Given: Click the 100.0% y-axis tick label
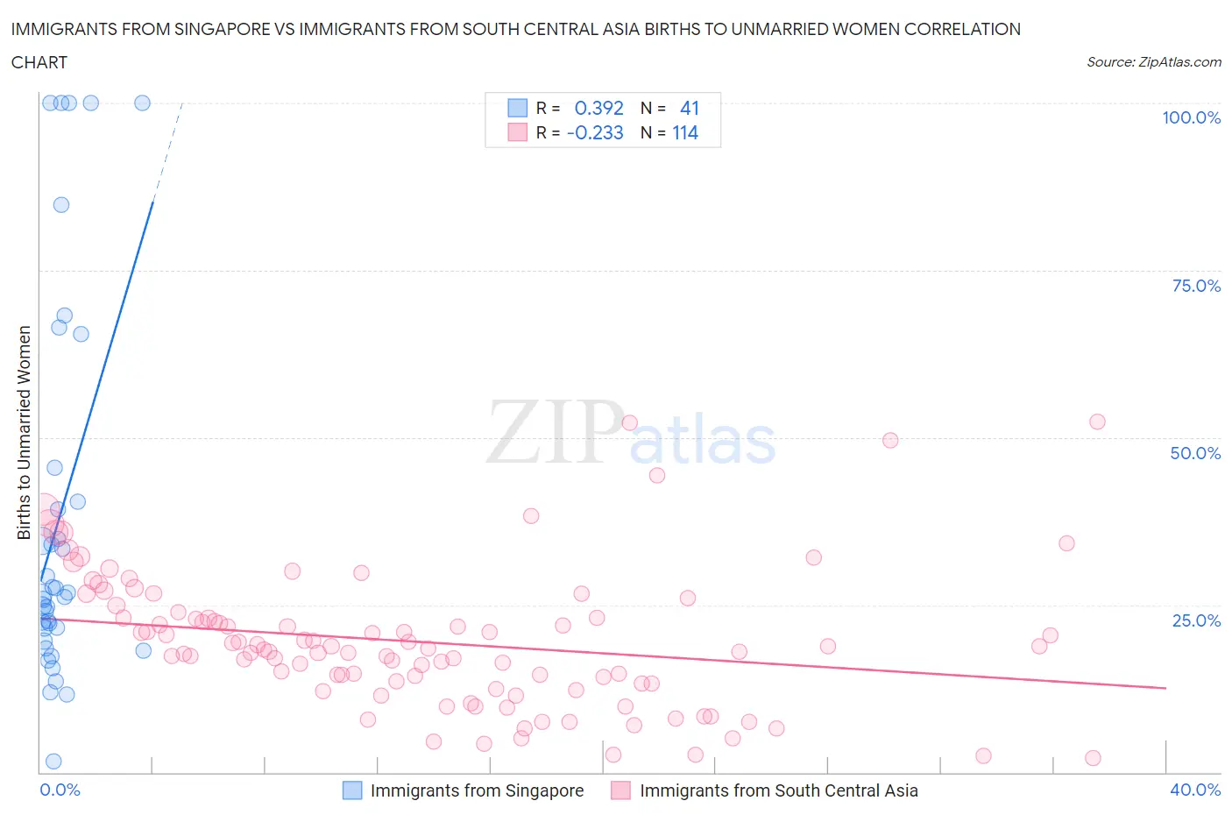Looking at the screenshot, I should [1191, 117].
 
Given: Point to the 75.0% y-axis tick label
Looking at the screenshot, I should [1195, 286].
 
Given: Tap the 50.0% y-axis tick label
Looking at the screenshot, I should [1195, 453].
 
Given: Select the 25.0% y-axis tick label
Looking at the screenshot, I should [1195, 620].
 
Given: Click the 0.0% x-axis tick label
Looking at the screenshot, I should [60, 790].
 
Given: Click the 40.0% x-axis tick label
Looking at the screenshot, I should [1195, 790].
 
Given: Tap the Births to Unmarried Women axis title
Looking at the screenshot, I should [25, 433].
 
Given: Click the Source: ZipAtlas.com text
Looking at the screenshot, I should [1153, 62].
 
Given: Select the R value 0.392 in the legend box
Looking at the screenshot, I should [598, 108].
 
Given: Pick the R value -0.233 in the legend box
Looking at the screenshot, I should [595, 133].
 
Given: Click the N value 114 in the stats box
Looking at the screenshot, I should [685, 133].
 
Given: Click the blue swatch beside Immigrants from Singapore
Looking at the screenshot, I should [351, 790].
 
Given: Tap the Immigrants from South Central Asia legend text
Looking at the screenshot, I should [778, 790].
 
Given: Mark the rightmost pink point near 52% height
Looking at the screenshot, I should [1097, 422].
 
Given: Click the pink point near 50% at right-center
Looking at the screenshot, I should [890, 441].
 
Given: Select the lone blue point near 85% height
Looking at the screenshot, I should [61, 205].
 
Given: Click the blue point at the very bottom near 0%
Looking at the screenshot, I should [53, 761].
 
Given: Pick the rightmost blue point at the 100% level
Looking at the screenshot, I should [142, 103].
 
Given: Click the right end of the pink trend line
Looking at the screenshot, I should [1165, 688].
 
